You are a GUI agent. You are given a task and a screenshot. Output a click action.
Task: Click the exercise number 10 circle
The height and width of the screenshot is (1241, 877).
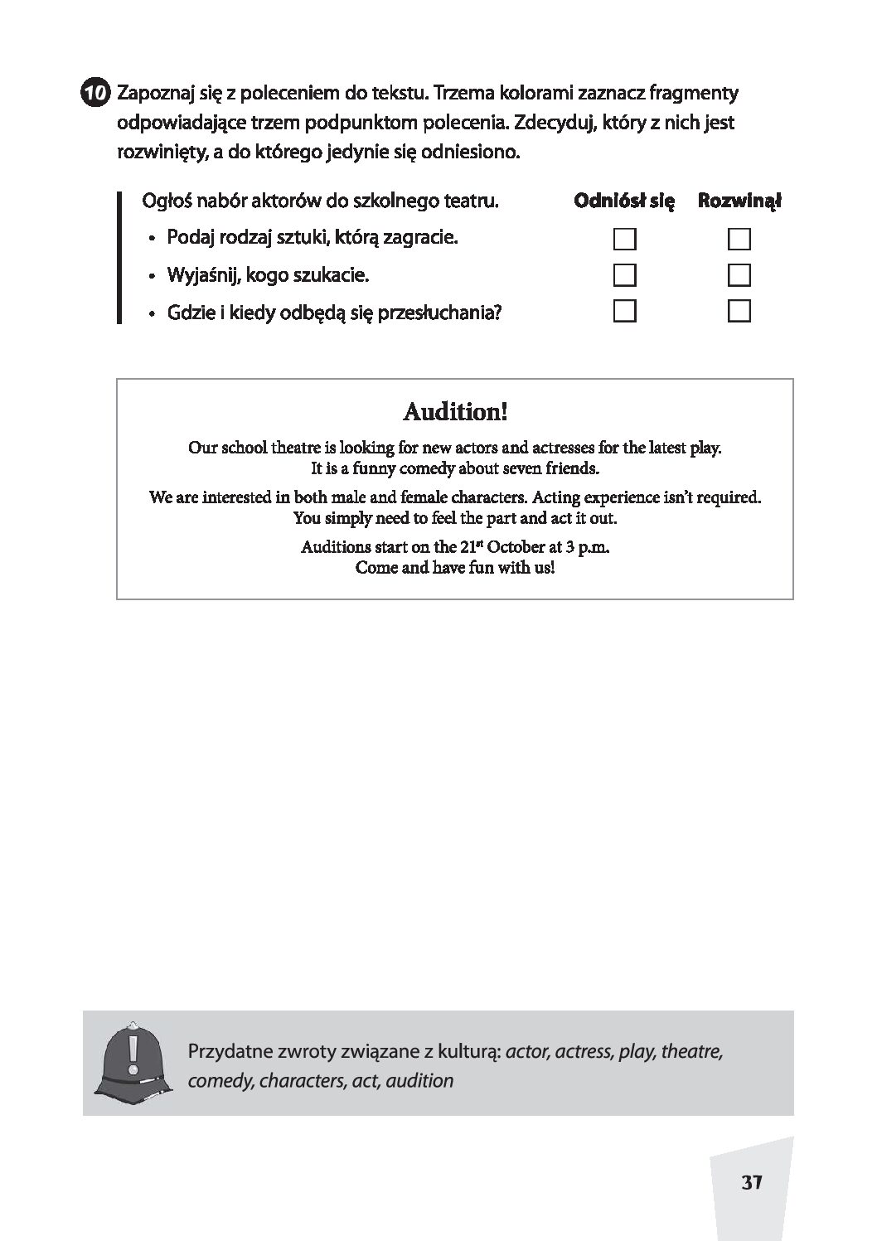coord(95,93)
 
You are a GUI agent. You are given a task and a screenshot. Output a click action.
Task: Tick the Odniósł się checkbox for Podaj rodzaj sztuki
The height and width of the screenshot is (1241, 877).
coord(624,240)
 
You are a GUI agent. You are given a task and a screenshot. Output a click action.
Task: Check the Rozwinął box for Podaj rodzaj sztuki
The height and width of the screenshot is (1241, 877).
coord(739,240)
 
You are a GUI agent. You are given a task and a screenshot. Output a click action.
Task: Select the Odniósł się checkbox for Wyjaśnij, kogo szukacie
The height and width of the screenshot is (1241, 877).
coord(624,275)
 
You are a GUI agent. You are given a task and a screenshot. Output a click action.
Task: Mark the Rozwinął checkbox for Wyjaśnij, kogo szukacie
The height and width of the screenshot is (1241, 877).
coord(739,275)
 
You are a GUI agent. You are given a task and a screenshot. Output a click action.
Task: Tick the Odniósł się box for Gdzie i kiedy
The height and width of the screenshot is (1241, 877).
coord(624,312)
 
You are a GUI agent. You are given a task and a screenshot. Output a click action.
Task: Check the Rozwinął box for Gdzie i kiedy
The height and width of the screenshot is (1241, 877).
coord(739,312)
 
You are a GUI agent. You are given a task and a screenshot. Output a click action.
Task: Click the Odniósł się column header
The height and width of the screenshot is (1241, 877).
coord(624,201)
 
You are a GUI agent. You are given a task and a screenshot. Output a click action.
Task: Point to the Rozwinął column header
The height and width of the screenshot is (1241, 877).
coord(739,201)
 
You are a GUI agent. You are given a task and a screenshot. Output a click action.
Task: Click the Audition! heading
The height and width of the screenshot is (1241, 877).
coord(454,411)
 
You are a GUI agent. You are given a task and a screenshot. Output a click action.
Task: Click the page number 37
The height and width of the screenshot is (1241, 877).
coord(751,1182)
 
